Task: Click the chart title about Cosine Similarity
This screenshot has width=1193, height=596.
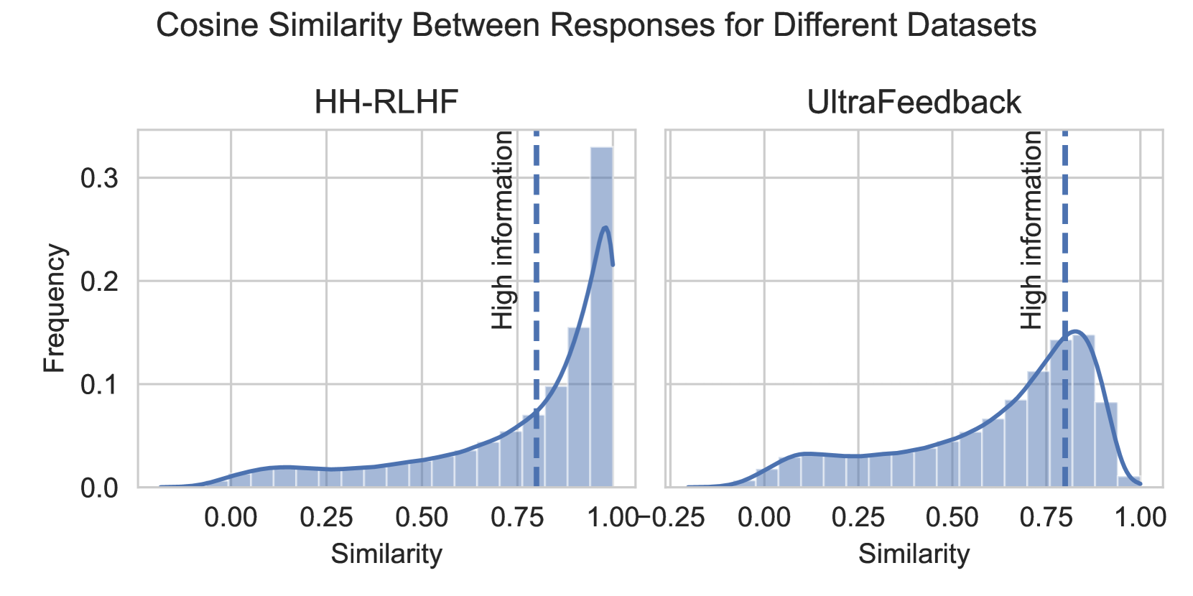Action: point(596,26)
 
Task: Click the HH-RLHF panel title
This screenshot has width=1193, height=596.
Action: point(386,102)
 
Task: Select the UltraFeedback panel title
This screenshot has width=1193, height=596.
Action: point(914,102)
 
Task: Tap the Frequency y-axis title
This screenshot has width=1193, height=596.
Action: point(54,308)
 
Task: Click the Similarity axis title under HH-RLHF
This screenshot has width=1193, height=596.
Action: point(386,554)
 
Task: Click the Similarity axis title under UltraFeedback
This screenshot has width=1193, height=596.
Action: point(914,554)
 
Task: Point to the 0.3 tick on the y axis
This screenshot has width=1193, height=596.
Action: point(100,178)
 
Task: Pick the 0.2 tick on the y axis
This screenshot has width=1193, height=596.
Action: point(100,281)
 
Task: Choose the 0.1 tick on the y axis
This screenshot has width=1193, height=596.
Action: point(100,385)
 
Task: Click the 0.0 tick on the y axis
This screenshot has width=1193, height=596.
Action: point(100,488)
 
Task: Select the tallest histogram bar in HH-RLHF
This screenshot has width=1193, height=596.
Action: point(601,316)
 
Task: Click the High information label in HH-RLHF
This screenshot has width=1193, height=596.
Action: point(503,230)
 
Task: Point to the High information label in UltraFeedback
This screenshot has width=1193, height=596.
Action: point(1031,230)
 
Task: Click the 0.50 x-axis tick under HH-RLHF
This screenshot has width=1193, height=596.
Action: point(422,517)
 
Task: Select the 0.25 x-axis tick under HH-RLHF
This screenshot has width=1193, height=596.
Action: point(326,517)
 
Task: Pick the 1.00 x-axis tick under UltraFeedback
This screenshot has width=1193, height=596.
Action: point(1140,517)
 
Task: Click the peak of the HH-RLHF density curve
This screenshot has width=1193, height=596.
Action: point(606,228)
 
